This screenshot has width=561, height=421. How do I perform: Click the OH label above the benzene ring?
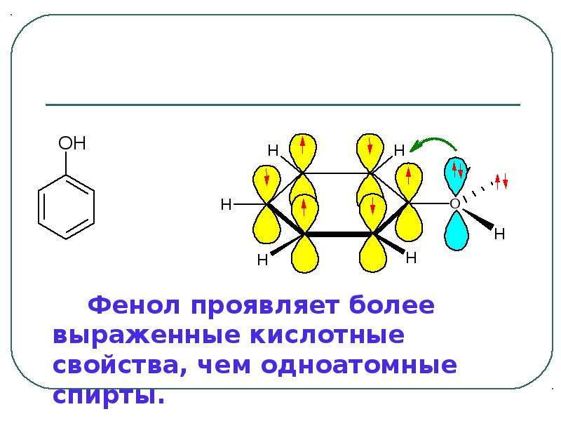[72, 143]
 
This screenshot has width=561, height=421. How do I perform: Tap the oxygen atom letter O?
[454, 203]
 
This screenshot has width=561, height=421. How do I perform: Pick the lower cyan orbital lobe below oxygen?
[457, 231]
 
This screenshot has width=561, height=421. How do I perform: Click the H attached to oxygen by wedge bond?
[499, 234]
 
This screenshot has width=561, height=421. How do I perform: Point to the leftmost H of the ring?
[226, 205]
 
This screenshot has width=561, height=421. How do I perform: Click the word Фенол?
[134, 305]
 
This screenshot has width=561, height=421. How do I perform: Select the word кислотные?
[327, 335]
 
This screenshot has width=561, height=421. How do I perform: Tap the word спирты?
[109, 396]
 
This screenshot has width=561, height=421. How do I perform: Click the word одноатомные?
[359, 365]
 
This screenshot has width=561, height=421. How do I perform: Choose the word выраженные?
[147, 336]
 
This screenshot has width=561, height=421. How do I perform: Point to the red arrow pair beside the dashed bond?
[501, 181]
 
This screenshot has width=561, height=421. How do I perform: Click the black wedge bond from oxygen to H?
[478, 218]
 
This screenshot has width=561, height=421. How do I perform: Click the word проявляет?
[265, 306]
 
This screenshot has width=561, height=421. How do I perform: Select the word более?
[392, 305]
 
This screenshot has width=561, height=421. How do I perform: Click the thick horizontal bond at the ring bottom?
[339, 234]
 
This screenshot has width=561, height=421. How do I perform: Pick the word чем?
[224, 366]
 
